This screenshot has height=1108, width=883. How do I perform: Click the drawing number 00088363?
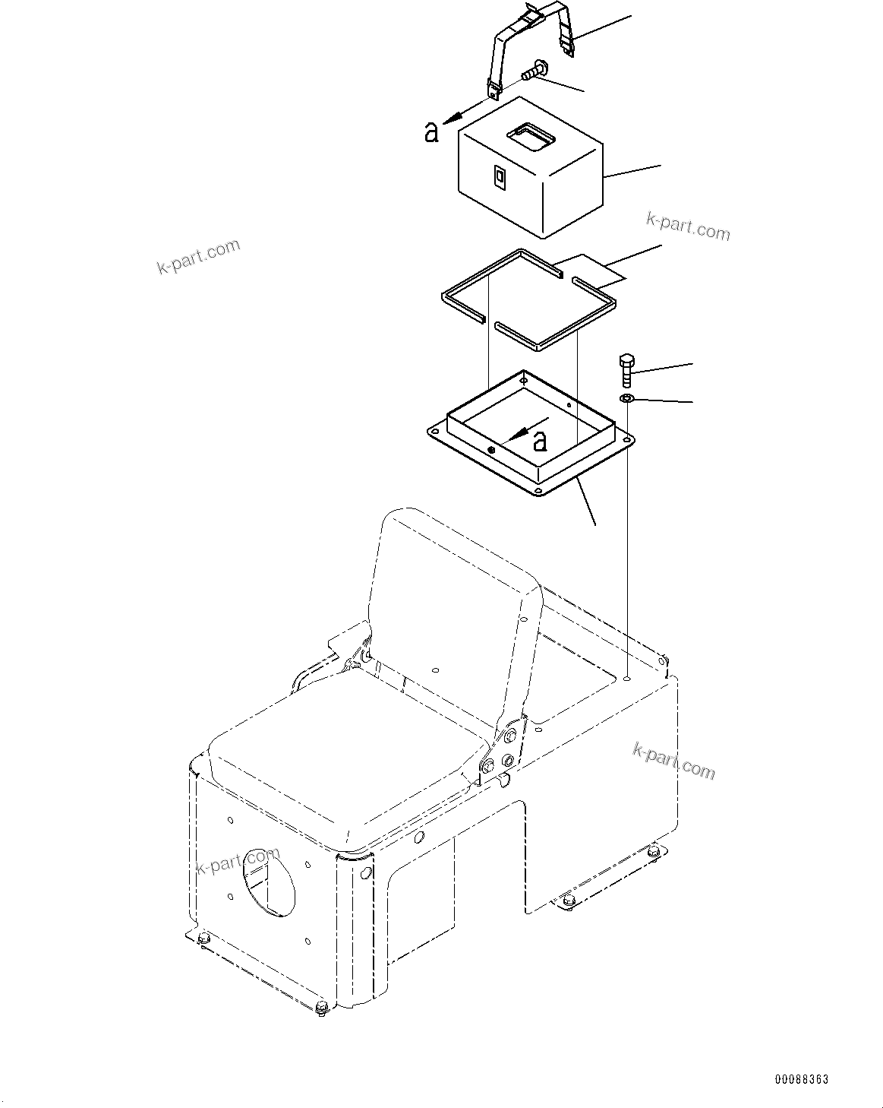click(x=801, y=1079)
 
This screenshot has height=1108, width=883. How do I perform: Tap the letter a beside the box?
click(x=432, y=132)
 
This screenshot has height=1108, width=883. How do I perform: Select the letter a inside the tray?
click(x=540, y=440)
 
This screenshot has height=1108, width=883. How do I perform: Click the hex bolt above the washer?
click(x=626, y=369)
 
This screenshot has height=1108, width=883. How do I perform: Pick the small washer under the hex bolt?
click(x=627, y=399)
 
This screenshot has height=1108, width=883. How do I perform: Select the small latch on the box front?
click(x=498, y=176)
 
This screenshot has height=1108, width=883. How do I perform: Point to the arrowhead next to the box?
click(x=453, y=116)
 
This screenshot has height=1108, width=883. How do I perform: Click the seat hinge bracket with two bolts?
click(x=505, y=749)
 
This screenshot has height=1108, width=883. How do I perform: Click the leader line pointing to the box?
click(x=632, y=171)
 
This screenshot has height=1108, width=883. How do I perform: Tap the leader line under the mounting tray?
click(x=585, y=502)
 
